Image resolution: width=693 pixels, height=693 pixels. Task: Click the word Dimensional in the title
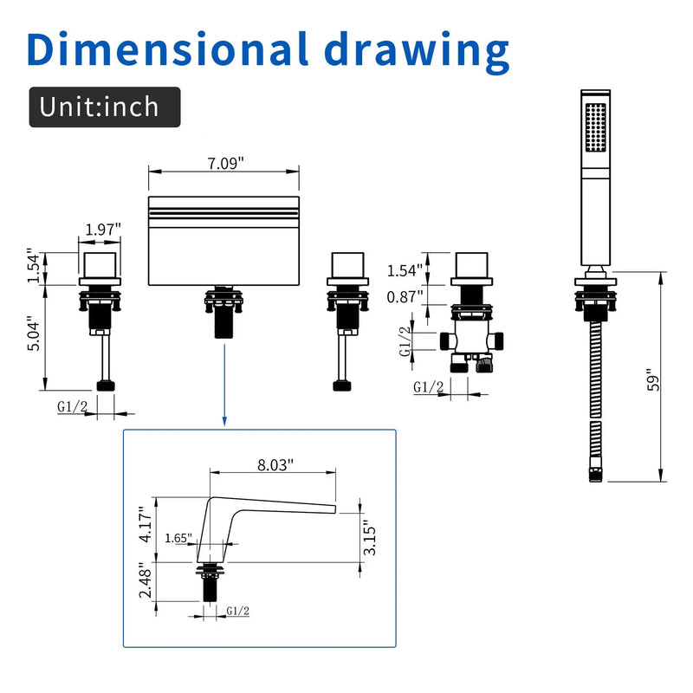click(168, 49)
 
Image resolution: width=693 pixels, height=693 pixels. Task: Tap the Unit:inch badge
click(105, 107)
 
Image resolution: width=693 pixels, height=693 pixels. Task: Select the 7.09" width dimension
click(226, 164)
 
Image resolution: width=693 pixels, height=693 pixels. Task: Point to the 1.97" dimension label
click(103, 230)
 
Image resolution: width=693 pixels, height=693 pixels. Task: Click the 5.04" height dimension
click(34, 334)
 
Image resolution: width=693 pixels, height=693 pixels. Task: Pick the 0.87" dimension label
click(405, 297)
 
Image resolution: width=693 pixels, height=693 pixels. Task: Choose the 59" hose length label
click(653, 379)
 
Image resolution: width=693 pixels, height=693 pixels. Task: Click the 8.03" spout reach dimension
click(275, 465)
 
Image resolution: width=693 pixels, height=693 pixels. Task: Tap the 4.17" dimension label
click(146, 525)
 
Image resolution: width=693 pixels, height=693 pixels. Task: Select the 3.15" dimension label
click(370, 541)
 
